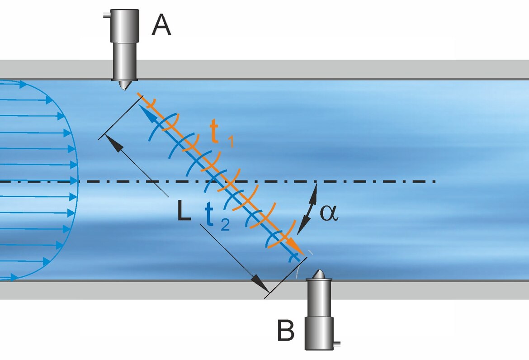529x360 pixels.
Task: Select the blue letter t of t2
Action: (208, 217)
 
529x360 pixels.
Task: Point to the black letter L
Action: (184, 213)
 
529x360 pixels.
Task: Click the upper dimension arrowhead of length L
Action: (117, 145)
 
